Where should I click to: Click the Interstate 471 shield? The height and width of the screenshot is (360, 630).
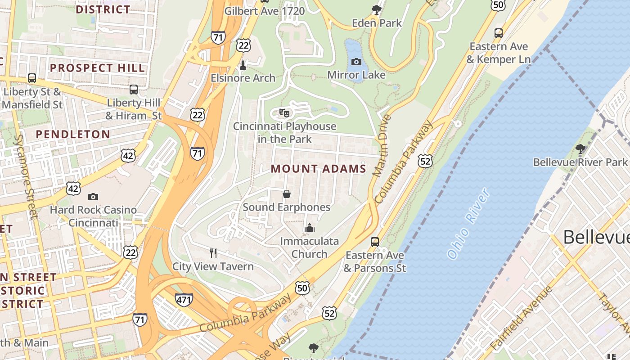pos(184,300)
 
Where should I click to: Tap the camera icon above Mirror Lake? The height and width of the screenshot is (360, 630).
pos(356,62)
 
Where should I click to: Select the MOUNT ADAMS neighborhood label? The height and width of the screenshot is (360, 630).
pos(319,169)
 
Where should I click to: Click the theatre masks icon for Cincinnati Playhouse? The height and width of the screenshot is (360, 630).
pos(284,112)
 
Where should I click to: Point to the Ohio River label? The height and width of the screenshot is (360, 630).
pos(468,223)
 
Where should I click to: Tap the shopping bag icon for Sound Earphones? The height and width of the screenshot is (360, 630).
pos(286,194)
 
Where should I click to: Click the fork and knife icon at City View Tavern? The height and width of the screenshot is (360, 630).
pos(213,253)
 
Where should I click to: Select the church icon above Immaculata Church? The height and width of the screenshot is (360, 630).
pos(309,228)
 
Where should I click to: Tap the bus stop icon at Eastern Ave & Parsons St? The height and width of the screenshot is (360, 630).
pos(375,242)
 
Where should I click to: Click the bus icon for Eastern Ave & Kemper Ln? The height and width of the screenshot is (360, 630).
pos(499,33)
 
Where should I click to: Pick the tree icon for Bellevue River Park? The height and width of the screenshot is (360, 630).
pos(580,148)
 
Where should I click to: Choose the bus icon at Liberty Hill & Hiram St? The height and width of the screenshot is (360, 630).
pos(134,89)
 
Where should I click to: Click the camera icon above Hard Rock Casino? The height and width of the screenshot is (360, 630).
pos(93,197)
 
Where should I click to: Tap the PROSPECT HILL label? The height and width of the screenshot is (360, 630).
pos(97,68)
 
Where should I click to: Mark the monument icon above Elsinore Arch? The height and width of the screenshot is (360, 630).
pos(243,65)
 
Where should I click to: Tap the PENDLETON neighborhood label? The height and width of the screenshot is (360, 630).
pos(73,134)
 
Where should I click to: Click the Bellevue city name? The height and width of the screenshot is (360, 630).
pos(596,237)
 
